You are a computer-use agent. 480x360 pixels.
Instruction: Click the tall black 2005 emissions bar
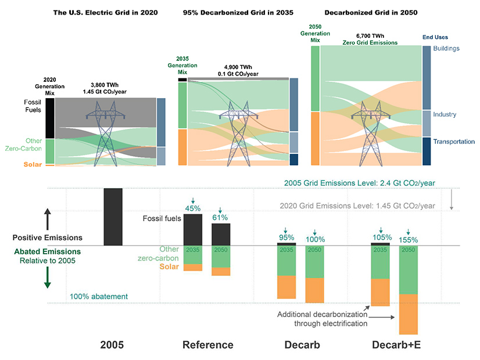[x=113, y=216]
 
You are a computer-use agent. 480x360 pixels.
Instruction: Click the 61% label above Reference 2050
[x=220, y=217]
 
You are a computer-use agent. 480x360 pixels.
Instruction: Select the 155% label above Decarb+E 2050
[x=409, y=239]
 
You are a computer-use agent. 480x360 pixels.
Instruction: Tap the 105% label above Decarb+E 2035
[x=381, y=237]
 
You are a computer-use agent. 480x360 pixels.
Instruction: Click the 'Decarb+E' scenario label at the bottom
[x=396, y=345]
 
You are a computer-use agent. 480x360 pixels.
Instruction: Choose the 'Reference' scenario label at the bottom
[x=208, y=345]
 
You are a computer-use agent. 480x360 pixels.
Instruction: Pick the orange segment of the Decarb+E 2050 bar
[x=409, y=314]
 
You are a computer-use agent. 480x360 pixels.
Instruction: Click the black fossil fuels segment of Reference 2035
[x=193, y=229]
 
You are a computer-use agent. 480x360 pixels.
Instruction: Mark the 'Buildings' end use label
[x=446, y=48]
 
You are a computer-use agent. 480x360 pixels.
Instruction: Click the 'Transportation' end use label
[x=454, y=142]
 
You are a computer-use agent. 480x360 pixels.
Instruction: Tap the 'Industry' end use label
[x=445, y=115]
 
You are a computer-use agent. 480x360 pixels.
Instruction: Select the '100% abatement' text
[x=98, y=297]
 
